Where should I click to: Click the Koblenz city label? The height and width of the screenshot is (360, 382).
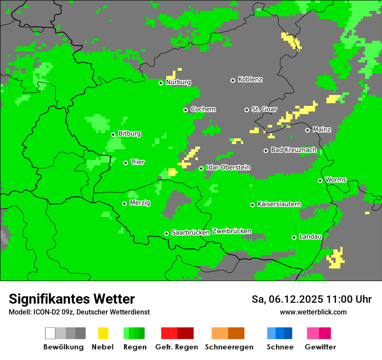point(250,80)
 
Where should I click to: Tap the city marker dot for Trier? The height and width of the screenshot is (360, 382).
point(126,163)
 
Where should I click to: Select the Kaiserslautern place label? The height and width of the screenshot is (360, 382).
point(279,204)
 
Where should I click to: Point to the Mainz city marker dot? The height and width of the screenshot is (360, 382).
point(307,130)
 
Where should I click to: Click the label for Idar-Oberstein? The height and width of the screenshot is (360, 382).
point(228,167)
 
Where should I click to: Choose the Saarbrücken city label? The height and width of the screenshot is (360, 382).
point(191,233)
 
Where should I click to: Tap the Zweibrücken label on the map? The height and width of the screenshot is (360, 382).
point(231,232)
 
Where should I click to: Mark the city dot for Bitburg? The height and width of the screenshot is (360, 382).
point(113,134)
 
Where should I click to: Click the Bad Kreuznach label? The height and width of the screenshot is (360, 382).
point(293,150)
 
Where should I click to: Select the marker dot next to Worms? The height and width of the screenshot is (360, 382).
point(320,180)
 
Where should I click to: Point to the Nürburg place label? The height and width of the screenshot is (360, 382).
point(178,82)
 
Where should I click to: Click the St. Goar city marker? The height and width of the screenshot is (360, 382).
point(247,110)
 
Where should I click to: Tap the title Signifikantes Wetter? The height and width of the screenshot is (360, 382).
point(72,299)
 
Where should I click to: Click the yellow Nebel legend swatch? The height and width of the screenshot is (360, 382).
point(103,333)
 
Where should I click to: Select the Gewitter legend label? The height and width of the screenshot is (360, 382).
point(320,347)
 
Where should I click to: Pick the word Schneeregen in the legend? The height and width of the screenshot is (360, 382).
point(229,347)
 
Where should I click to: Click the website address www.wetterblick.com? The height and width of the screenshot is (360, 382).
point(313,312)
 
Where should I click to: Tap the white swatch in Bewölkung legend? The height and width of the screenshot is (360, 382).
point(50,333)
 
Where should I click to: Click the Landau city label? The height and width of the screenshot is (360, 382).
point(310,237)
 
